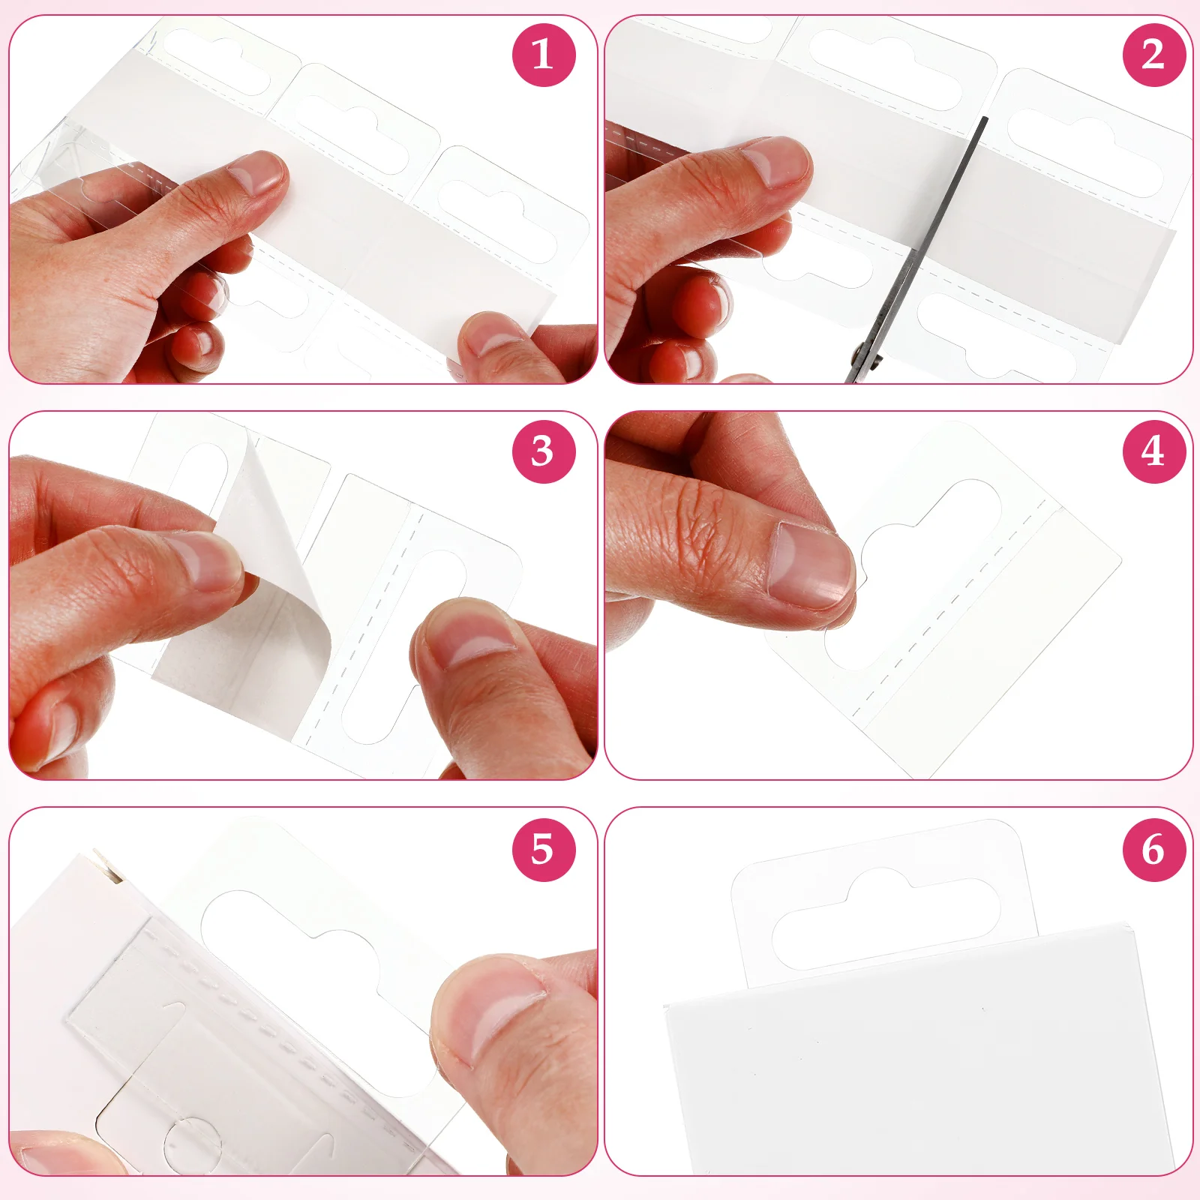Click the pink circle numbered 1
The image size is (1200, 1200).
[544, 55]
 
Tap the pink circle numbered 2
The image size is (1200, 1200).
[1153, 55]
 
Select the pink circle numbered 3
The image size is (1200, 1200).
[544, 451]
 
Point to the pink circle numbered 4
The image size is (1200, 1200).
[1153, 451]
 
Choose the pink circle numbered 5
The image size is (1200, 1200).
[544, 849]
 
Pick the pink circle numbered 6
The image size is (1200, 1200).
[1153, 849]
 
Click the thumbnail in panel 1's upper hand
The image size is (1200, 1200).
[255, 174]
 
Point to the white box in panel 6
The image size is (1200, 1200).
[915, 1065]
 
